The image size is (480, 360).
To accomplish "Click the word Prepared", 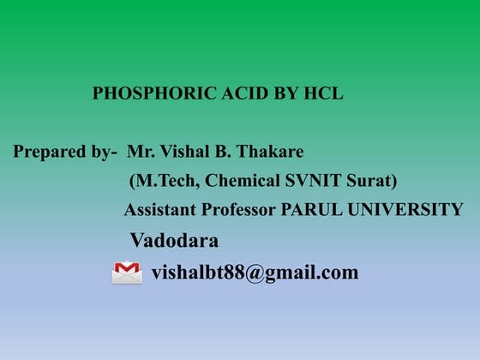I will click(51, 153).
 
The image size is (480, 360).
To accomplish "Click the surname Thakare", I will click(269, 152).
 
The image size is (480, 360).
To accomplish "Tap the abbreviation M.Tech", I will click(159, 181).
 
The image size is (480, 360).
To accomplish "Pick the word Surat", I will click(369, 181).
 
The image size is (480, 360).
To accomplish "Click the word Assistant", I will click(159, 210).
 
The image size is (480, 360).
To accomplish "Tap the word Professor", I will click(237, 210).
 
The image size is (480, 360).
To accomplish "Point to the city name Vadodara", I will click(174, 240).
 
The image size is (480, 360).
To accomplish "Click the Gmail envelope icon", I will click(127, 273).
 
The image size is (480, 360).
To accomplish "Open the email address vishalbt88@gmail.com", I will click(255, 273).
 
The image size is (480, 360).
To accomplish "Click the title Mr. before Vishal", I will click(140, 152).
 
